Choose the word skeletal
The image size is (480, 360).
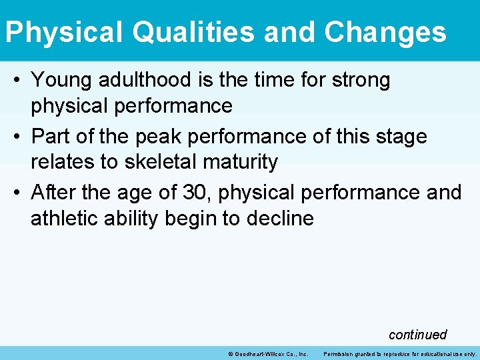click(147, 162)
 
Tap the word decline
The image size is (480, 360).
click(280, 218)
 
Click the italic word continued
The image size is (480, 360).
click(417, 335)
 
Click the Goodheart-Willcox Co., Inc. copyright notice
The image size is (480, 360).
click(267, 354)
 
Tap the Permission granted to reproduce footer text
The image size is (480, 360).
click(400, 354)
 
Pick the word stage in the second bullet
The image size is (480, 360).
click(399, 137)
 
